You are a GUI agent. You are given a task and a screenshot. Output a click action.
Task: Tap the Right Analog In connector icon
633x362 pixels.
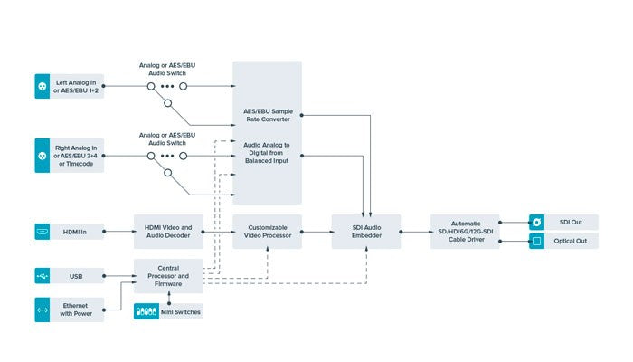click(x=41, y=156)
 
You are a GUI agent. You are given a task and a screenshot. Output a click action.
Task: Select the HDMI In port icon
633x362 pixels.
click(x=41, y=232)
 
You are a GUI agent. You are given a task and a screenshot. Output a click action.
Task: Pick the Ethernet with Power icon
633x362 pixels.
click(x=41, y=310)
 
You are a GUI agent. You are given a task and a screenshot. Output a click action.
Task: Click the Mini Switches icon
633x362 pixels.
click(x=145, y=310)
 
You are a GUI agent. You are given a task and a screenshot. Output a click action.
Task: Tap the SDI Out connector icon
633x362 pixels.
click(x=535, y=221)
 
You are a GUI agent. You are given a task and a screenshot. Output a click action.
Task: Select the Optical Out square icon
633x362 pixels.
click(x=535, y=242)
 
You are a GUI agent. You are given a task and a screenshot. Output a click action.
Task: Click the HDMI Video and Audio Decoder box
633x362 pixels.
click(x=168, y=233)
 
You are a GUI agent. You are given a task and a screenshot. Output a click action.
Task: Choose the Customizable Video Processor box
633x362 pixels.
click(x=267, y=233)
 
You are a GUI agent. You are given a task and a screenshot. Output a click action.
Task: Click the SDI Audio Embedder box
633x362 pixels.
click(x=365, y=233)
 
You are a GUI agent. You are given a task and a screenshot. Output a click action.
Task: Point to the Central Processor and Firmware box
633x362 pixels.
click(x=168, y=277)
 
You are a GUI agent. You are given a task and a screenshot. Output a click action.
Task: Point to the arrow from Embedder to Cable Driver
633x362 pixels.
click(x=414, y=233)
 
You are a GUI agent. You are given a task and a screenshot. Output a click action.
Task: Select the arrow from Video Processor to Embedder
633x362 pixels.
click(x=316, y=233)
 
